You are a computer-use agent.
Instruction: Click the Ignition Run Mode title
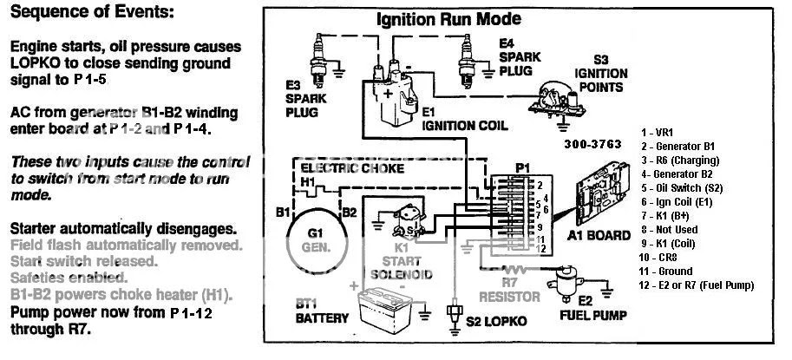tap(448, 19)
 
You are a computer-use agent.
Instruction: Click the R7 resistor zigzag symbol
tap(499, 272)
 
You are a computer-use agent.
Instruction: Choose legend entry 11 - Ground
tap(670, 271)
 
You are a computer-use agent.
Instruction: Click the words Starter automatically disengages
tap(122, 229)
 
